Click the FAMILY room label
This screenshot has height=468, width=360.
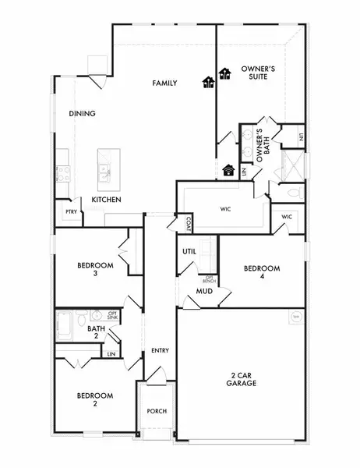(x=164, y=83)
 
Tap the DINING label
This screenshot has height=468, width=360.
(x=82, y=114)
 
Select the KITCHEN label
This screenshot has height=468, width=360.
(x=106, y=200)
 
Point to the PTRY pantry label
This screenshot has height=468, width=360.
(x=71, y=211)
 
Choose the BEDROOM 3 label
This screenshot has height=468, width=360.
(x=95, y=270)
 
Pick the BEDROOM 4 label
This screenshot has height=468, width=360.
(x=261, y=273)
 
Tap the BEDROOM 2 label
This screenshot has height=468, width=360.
(x=94, y=400)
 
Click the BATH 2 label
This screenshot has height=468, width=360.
(x=96, y=333)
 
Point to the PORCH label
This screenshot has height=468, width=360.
(x=157, y=411)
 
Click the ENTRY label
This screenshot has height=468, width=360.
(x=160, y=350)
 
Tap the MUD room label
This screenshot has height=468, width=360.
(x=205, y=292)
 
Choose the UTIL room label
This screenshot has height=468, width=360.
(x=189, y=252)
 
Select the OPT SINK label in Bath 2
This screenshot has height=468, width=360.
(x=112, y=315)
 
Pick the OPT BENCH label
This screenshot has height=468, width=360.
(x=210, y=278)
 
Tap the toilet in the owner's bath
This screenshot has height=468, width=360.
(x=294, y=191)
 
